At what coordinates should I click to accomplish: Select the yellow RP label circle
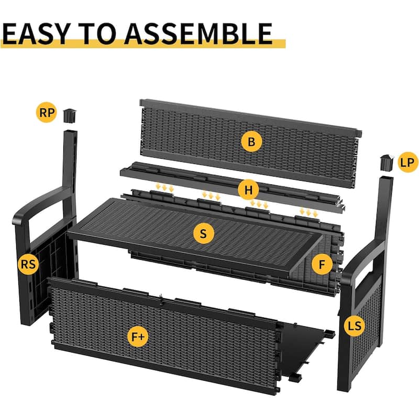click(x=47, y=113)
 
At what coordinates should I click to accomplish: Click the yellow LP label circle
click(x=408, y=162)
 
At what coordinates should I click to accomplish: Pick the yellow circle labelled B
click(x=251, y=141)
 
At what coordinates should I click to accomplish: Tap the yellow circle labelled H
click(x=248, y=190)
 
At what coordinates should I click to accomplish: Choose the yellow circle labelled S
click(x=204, y=233)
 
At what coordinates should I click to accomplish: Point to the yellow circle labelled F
click(x=322, y=264)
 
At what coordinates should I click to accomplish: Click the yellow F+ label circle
click(x=138, y=337)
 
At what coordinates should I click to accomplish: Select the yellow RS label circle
click(x=28, y=264)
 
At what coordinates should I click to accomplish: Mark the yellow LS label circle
click(x=355, y=326)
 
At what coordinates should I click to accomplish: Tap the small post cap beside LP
click(x=387, y=162)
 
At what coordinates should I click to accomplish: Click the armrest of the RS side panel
click(x=40, y=204)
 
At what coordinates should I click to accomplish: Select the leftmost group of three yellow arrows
click(x=164, y=188)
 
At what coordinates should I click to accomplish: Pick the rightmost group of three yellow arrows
click(x=308, y=212)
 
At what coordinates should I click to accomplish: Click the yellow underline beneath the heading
click(x=143, y=44)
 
